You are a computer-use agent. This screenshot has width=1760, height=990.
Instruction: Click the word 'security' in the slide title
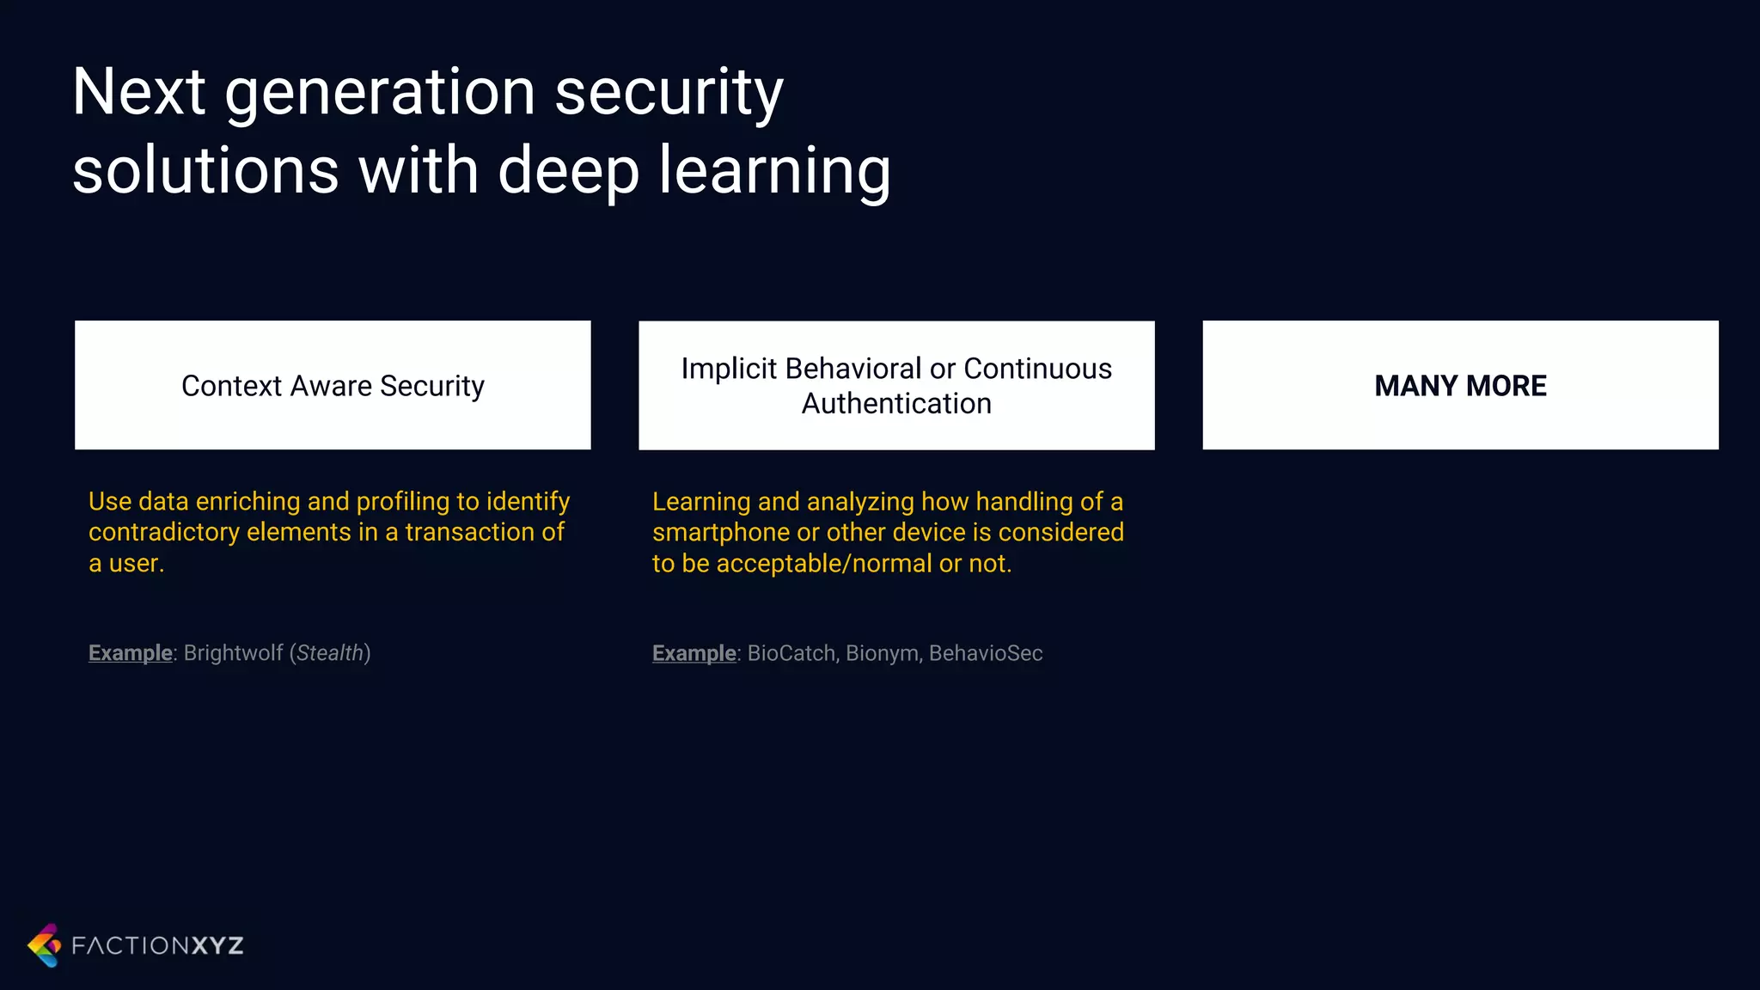click(669, 93)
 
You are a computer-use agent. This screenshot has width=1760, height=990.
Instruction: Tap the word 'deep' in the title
click(568, 170)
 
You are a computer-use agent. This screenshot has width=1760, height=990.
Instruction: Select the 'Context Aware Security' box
click(333, 385)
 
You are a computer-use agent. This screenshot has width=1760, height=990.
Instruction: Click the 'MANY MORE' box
click(1460, 385)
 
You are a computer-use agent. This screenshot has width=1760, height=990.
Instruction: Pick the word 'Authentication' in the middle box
click(896, 404)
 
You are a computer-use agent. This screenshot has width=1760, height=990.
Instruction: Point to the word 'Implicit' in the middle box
click(729, 369)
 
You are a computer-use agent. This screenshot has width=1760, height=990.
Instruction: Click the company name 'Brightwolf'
click(233, 653)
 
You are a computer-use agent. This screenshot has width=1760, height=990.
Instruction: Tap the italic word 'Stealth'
click(330, 653)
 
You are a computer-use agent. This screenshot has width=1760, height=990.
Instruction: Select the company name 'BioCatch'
click(791, 653)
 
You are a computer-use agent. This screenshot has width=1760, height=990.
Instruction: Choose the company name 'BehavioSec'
click(986, 653)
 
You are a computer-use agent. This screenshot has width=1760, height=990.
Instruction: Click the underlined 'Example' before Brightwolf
click(131, 653)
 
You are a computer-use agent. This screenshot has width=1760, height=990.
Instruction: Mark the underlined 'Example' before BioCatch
click(694, 653)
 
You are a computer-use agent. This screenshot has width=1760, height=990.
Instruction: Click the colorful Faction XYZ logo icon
click(45, 945)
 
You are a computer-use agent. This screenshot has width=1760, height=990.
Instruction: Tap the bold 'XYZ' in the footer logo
click(217, 946)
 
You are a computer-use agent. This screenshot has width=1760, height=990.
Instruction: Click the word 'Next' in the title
click(138, 93)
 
